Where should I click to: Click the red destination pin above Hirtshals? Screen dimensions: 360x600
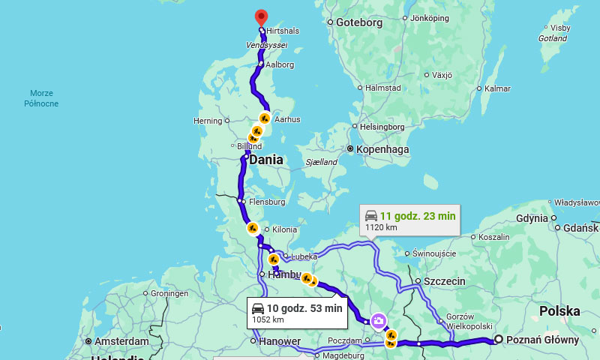(x=261, y=16)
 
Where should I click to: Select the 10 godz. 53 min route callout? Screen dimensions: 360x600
(x=297, y=312)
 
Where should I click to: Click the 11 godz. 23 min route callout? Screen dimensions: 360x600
(x=409, y=220)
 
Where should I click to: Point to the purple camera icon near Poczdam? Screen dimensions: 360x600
(x=379, y=321)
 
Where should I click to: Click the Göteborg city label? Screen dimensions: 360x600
(x=358, y=22)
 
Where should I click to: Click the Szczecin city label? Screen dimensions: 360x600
(x=444, y=281)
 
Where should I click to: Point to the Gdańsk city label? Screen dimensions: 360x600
(x=580, y=227)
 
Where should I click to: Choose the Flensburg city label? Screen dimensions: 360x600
(x=267, y=202)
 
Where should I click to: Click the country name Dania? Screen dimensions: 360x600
(x=265, y=160)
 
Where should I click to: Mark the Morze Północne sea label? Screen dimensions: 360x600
(x=40, y=98)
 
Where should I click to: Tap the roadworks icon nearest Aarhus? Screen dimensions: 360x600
(x=265, y=118)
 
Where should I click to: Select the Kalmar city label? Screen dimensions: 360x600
(x=497, y=88)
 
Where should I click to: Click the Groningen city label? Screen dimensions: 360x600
(x=169, y=293)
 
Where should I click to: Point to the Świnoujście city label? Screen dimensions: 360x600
(x=434, y=253)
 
